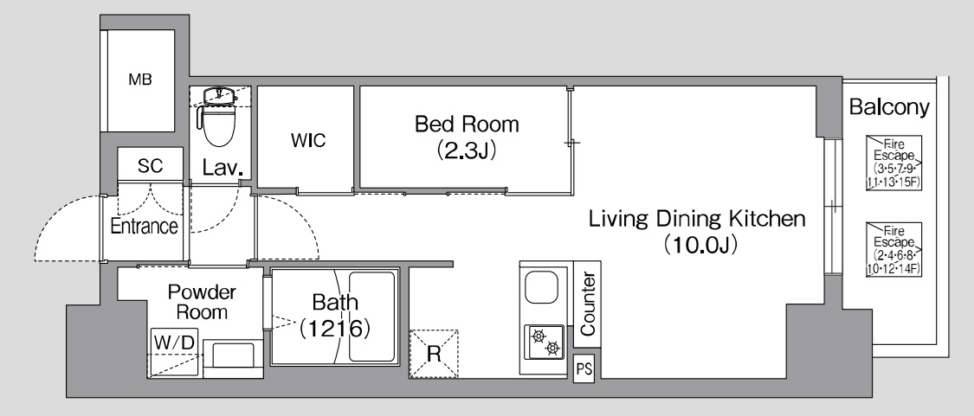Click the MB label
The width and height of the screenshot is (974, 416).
140,80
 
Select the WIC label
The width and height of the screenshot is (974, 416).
308,140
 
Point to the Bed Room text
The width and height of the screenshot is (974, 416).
468,125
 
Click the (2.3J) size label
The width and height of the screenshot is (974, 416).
468,150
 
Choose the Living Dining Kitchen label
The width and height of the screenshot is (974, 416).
697,219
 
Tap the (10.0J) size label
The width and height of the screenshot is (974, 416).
700,245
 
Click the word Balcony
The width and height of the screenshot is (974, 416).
889,107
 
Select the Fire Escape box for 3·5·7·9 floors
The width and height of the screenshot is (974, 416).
893,163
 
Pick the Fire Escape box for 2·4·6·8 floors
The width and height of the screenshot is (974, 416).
893,250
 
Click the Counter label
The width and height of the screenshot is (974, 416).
588,304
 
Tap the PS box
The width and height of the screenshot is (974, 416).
584,369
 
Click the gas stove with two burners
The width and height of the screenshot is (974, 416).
545,342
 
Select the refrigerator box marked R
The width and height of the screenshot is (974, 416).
434,354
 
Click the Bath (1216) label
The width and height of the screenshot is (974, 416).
335,316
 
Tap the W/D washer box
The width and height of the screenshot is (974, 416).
174,353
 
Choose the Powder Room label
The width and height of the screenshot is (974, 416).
203,301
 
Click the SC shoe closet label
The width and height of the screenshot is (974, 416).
151,166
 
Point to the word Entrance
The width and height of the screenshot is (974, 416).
144,226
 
